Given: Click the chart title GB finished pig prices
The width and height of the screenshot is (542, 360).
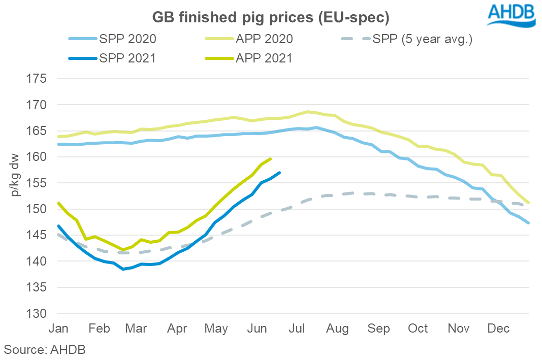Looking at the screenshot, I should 271,17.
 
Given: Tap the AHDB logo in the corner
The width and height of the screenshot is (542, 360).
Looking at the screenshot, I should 511,15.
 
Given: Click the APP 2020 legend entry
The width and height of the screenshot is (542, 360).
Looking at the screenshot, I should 264,39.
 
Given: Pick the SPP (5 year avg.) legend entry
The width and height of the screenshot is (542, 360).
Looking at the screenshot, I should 422,39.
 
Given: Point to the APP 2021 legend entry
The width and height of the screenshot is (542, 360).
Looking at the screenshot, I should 264,58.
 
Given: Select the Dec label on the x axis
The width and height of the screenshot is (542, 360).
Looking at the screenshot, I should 498,329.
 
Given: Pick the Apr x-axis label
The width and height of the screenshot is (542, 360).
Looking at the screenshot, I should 177,329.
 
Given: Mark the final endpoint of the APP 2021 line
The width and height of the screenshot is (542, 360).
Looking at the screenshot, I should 271,158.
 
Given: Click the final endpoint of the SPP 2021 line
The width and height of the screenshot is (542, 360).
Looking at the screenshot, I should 280,173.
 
